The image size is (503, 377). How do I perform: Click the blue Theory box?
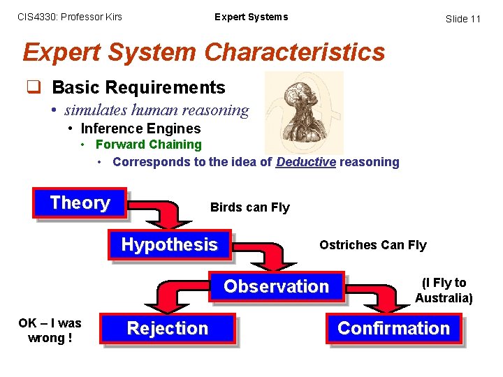[80, 203]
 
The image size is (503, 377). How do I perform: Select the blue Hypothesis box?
[169, 244]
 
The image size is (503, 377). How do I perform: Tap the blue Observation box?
[276, 286]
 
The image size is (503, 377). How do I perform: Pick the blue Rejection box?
[168, 328]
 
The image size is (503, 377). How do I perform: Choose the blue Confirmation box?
[394, 328]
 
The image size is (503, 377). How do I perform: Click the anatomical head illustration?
[304, 112]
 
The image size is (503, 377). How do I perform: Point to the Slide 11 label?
[463, 19]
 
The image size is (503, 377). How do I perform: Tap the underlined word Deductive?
[306, 162]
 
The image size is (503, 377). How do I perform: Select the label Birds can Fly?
[249, 207]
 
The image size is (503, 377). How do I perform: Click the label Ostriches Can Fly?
[372, 244]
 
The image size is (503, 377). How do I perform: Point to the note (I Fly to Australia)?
[444, 290]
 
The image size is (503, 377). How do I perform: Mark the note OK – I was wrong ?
[50, 330]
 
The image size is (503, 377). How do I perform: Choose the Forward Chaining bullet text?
[148, 145]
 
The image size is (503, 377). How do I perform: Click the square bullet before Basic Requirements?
[33, 87]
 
